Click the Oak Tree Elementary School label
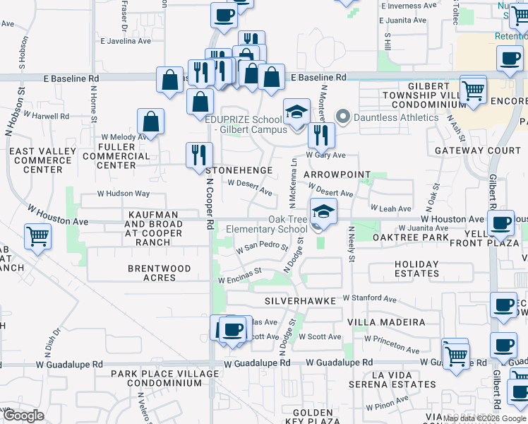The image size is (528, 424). point(267,225)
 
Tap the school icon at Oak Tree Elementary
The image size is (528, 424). point(323,211)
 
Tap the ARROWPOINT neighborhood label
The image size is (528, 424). point(337,174)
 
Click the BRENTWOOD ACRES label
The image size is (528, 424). point(160,273)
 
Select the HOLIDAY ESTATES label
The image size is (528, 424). point(416,269)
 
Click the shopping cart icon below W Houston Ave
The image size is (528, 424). point(37,237)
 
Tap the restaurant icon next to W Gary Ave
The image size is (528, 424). point(320,134)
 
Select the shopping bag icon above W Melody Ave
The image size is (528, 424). point(151,122)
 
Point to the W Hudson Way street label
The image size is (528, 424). point(124,194)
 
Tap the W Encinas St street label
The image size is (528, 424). point(240,275)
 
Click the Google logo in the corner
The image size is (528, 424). point(23,416)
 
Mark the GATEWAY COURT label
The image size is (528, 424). point(477,151)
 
